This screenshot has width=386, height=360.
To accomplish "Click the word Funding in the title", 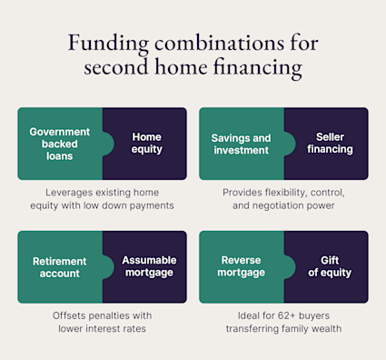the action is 108,44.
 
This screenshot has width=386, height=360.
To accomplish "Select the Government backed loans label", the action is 60,144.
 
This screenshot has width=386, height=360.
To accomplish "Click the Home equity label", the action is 147,143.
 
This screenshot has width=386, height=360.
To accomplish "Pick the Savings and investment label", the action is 241,144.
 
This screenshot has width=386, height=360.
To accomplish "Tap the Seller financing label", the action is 330,143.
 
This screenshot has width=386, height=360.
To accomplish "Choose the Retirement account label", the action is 60,267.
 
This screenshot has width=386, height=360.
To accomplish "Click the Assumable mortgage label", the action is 149,266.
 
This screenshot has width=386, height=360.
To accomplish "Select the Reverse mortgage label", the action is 241,266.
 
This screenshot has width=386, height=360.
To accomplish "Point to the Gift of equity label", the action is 330,266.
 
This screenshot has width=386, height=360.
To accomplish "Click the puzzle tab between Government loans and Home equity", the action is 108,144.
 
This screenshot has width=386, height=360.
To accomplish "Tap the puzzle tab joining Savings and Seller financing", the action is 290,144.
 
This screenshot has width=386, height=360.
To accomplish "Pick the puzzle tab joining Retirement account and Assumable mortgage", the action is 108,267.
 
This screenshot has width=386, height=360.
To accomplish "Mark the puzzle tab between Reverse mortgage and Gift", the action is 290,267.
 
